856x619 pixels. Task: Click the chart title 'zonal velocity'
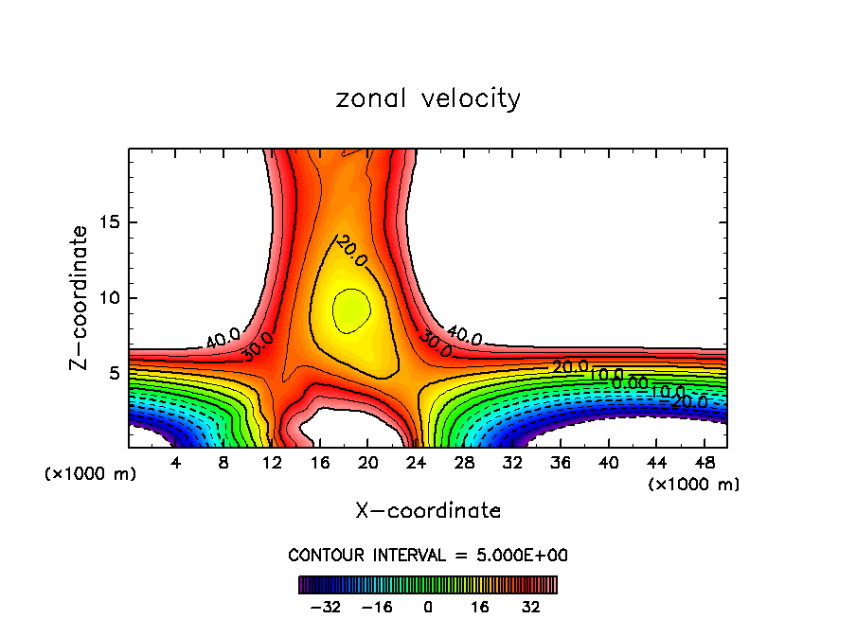(x=428, y=98)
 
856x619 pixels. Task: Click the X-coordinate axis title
(x=428, y=510)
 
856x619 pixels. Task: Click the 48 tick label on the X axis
(x=704, y=463)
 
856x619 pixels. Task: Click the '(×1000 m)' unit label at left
(x=91, y=474)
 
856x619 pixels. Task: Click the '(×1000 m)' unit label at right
(x=694, y=485)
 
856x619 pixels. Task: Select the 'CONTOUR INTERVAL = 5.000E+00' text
(x=428, y=555)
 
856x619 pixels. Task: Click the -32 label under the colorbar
(x=325, y=606)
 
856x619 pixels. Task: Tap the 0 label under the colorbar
(x=428, y=606)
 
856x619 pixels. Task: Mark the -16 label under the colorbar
(x=377, y=606)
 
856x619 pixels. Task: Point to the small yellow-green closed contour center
(x=349, y=309)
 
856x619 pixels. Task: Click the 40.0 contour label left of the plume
(x=223, y=336)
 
